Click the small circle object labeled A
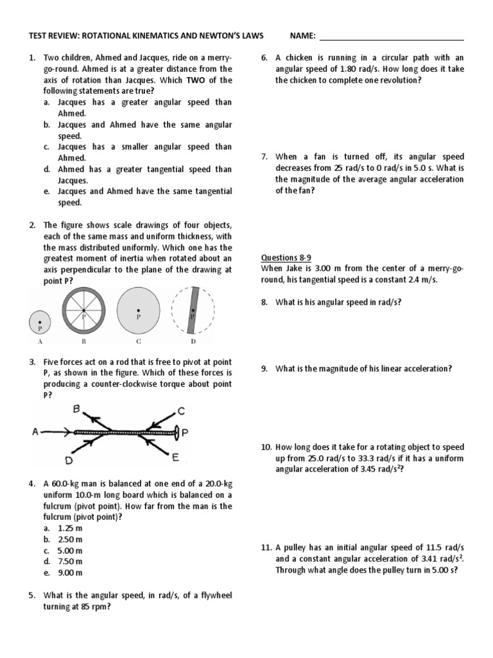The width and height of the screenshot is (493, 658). [40, 322]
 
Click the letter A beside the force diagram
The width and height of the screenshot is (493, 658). [36, 432]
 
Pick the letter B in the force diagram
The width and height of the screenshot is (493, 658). [78, 408]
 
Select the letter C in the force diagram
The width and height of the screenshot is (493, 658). [182, 411]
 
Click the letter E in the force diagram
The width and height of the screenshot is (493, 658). [174, 458]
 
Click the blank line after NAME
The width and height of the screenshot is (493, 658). [391, 39]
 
